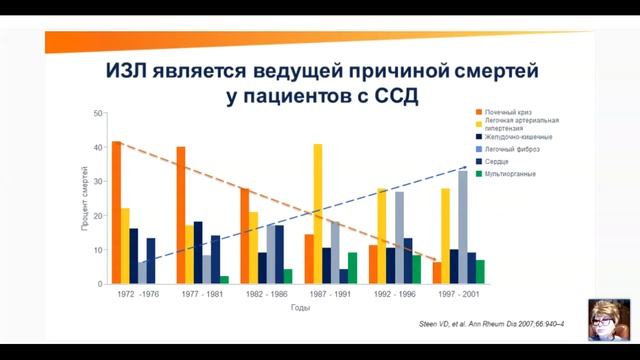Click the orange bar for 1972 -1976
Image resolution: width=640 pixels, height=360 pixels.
coord(117,213)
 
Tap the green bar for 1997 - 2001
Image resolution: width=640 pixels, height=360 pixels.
coord(480,272)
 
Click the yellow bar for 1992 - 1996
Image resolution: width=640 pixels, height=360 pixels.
coord(381,236)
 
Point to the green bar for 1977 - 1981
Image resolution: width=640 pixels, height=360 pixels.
coord(224,280)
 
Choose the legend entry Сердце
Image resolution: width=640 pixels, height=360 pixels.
coord(500,161)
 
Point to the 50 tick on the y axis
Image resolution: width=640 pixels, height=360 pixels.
coord(98,113)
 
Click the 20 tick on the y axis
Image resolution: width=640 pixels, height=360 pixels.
coord(98,216)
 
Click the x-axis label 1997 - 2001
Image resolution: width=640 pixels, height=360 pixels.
coord(456,297)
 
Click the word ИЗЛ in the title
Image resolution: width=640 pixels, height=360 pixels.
coord(137,73)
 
